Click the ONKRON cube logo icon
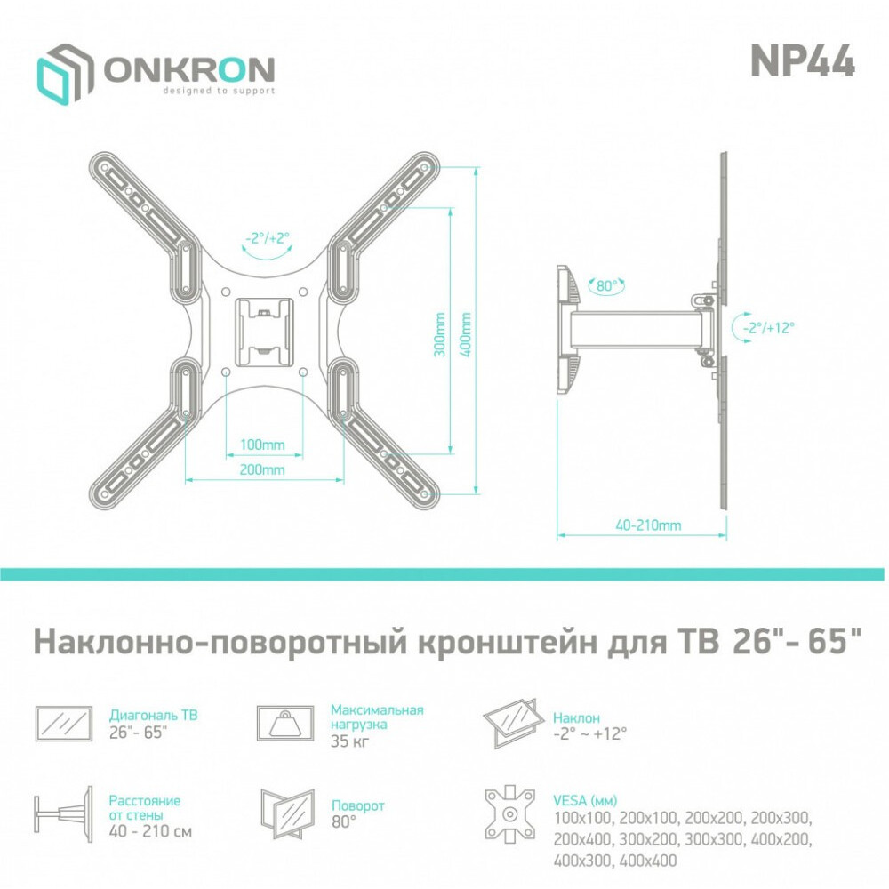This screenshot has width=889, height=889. click(x=65, y=74)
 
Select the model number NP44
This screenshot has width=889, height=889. click(x=802, y=61)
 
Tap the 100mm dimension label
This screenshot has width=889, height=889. click(x=262, y=444)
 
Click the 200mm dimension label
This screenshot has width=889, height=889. click(x=262, y=469)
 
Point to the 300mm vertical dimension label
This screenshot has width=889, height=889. click(x=440, y=334)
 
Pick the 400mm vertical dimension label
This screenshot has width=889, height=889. click(x=466, y=334)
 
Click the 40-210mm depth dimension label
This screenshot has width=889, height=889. click(x=648, y=525)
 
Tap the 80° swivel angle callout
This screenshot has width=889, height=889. click(x=606, y=285)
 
